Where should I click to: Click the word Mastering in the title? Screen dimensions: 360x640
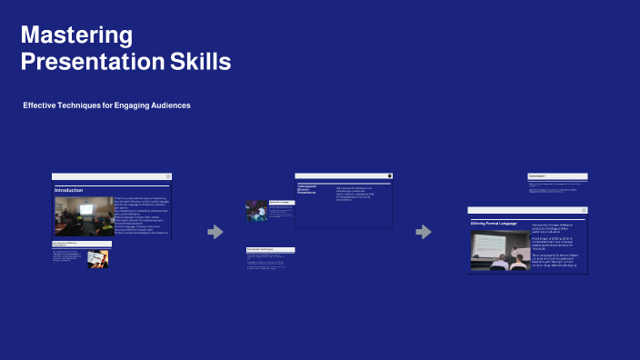tap(77, 35)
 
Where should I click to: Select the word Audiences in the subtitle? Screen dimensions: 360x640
tap(165, 106)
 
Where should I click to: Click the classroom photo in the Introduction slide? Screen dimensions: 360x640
tap(83, 217)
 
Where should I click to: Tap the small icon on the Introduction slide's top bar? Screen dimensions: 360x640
tap(168, 176)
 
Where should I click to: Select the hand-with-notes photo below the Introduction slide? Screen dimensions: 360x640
tap(97, 258)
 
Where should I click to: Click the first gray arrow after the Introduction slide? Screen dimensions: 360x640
tap(215, 233)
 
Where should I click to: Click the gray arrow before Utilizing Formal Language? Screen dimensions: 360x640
tap(424, 233)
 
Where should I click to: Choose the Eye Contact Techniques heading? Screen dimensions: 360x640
tap(265, 249)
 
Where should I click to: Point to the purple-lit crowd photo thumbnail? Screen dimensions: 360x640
tap(256, 211)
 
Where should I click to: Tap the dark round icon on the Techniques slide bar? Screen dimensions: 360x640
tap(389, 175)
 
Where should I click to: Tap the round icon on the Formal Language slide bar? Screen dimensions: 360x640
tap(584, 210)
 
